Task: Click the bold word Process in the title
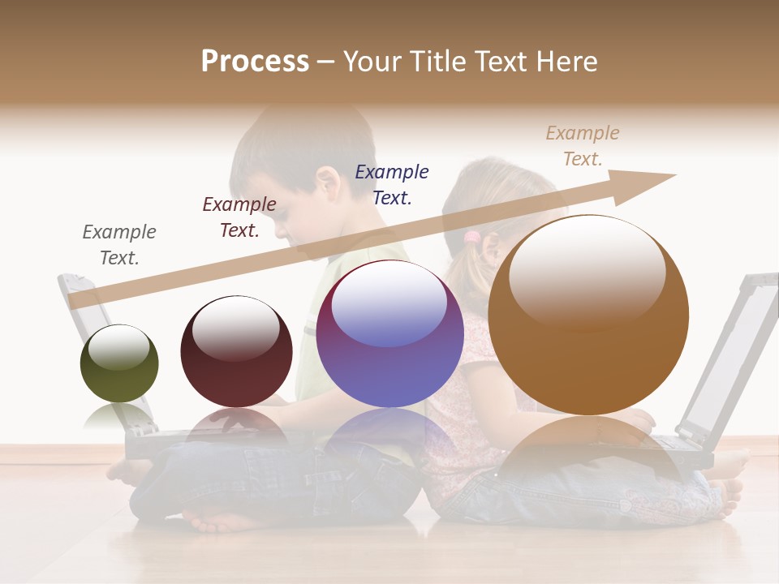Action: coord(255,62)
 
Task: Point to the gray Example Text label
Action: coord(119,244)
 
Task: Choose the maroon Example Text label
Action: coord(239,217)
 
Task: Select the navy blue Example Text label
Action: coord(392,184)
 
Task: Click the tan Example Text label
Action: coord(583,145)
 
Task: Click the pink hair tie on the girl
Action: coord(472,238)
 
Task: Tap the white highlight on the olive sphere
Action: coord(118,347)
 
